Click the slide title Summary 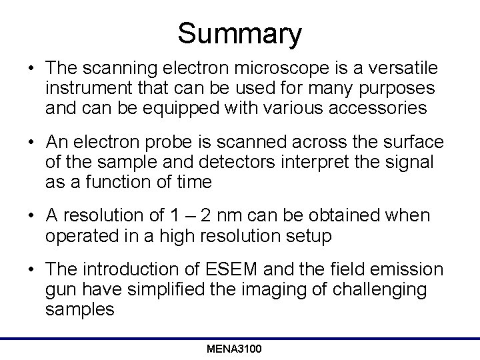point(240,33)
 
